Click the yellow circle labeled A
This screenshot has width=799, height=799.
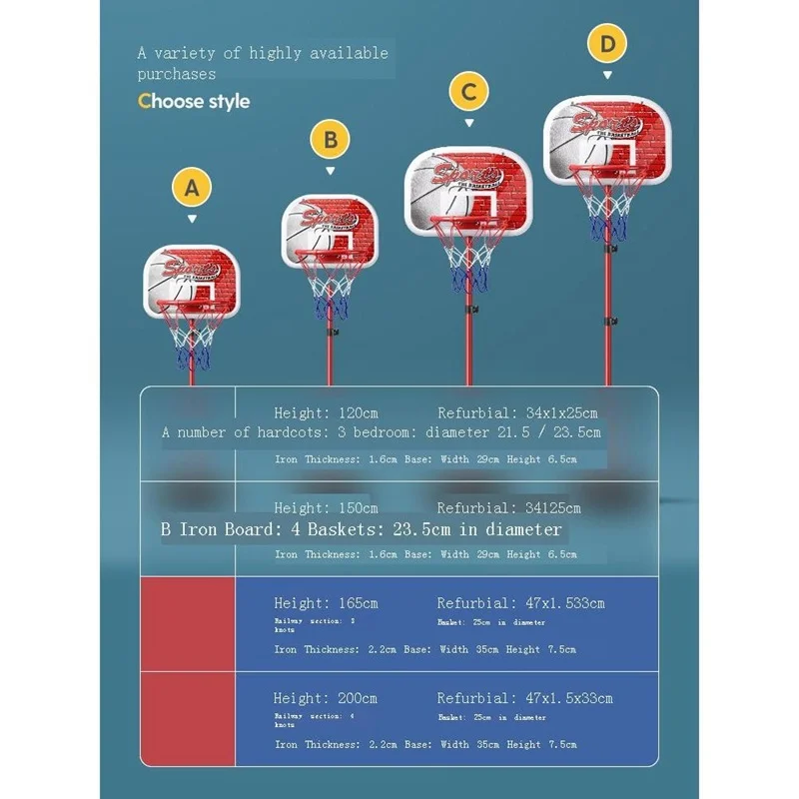(192, 187)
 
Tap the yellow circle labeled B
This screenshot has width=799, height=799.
(330, 137)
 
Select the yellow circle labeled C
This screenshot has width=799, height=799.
(468, 93)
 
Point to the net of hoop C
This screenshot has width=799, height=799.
(468, 256)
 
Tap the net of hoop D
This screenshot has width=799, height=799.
(606, 209)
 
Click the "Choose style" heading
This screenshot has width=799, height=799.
(194, 101)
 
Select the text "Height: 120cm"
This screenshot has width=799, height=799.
(326, 412)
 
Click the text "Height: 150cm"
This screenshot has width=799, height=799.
(326, 508)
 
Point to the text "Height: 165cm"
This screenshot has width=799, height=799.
(326, 603)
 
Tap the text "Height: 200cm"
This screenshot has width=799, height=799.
(326, 698)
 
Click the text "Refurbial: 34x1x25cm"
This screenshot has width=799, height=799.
(517, 412)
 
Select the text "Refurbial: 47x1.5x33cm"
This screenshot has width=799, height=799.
(524, 698)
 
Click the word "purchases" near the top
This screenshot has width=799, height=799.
(177, 74)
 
